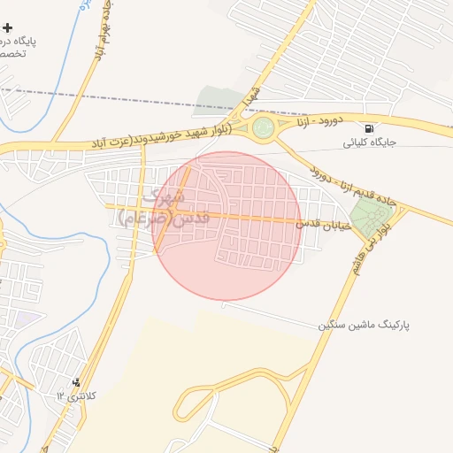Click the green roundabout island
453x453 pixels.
point(263,128)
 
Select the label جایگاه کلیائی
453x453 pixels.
point(365,142)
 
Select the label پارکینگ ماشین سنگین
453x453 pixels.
point(364,326)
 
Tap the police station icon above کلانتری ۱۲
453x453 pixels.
point(76,382)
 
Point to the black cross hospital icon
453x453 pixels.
point(8,28)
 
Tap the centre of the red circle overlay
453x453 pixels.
point(227,226)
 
